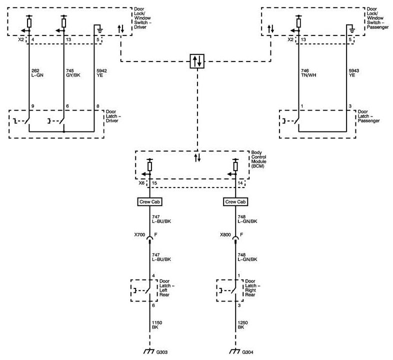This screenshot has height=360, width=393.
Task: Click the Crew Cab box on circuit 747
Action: point(148,202)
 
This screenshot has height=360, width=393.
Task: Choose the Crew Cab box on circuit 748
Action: point(234,202)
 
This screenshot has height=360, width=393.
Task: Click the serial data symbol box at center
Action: point(197,61)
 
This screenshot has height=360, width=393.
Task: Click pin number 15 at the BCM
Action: point(155,184)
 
